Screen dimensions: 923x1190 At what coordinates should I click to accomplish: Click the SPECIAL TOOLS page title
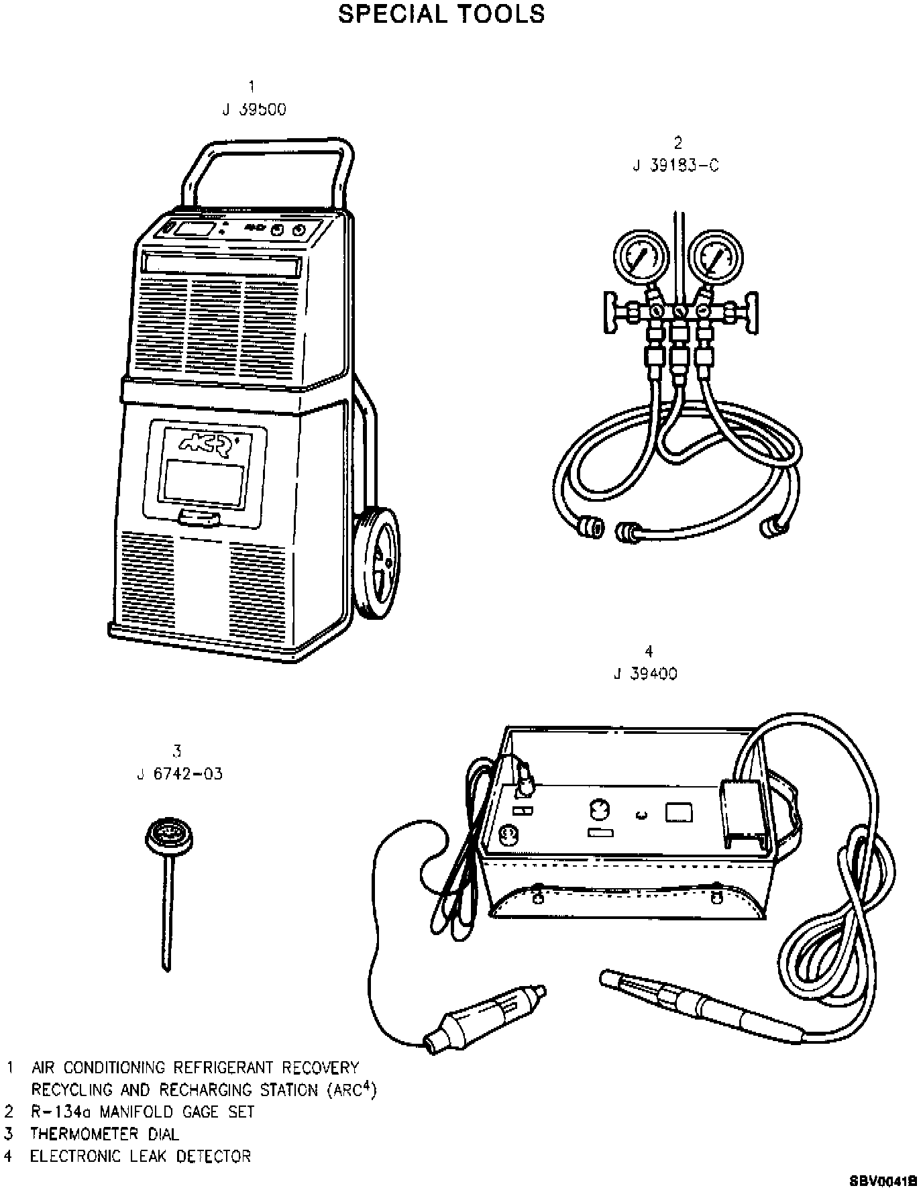coord(441,14)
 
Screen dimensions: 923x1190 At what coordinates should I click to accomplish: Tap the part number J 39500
coord(254,109)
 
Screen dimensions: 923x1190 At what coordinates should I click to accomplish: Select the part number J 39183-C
coord(675,166)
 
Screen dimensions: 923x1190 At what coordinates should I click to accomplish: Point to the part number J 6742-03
coord(179,774)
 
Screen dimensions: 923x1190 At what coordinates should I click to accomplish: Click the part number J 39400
coord(645,673)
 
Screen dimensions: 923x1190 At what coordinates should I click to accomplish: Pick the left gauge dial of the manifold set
coord(641,258)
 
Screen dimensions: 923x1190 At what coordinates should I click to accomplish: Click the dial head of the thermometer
coord(166,837)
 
